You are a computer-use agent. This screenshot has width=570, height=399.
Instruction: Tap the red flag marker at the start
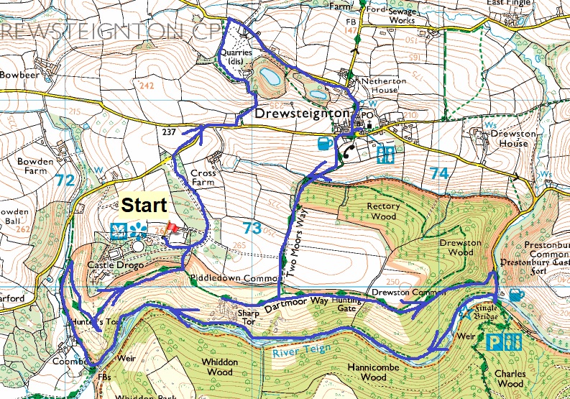(x=172, y=229)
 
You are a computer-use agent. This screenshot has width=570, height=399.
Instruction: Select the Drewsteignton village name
(x=302, y=114)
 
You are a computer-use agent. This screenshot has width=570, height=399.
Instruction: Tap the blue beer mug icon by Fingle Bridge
(x=516, y=295)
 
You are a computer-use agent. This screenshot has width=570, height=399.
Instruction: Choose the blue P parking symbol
(x=495, y=341)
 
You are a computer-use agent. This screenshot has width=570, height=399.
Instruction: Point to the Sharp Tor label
(x=246, y=318)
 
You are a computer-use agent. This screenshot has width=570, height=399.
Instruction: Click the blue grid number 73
(x=251, y=229)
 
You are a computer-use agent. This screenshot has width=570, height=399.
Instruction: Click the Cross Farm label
(x=203, y=178)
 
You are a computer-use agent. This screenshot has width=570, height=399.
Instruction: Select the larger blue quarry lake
(x=271, y=75)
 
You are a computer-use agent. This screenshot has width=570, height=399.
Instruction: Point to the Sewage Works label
(x=403, y=17)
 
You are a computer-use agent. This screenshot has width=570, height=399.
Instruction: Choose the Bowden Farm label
(x=36, y=167)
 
